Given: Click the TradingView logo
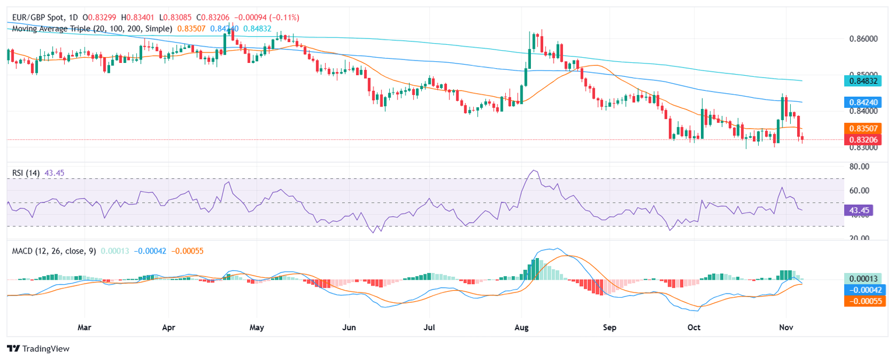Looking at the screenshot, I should pos(38,348).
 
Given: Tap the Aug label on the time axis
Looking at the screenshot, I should pos(522,327).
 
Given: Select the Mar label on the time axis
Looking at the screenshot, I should pos(85,327).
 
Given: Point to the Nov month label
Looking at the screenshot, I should pos(787,327).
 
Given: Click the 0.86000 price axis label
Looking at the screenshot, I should pos(862,38).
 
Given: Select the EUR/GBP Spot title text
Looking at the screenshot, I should pos(38,17).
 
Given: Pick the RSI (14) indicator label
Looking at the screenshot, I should pos(26,172).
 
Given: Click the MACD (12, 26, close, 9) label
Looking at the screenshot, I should pos(54,250).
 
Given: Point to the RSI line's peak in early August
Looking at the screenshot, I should pos(534,170).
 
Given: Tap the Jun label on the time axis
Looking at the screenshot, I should pos(349,327).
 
